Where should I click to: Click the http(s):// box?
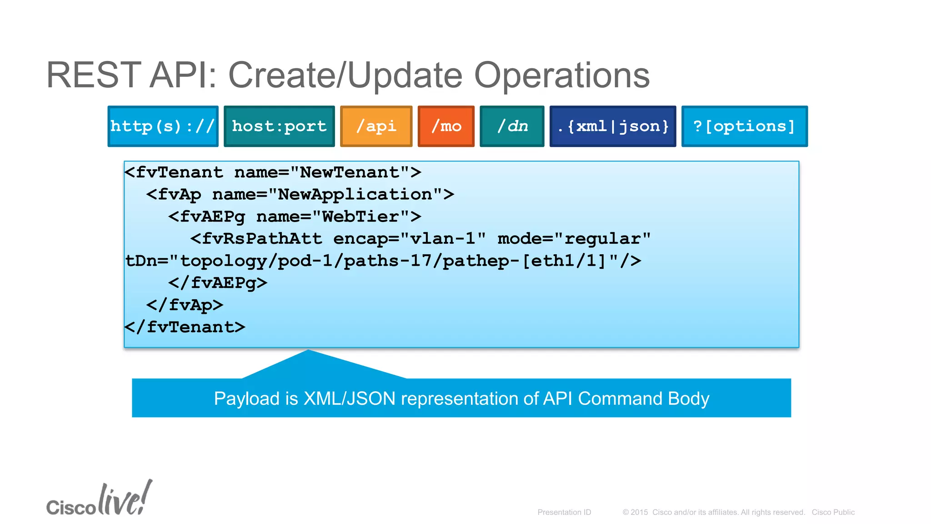click(x=163, y=126)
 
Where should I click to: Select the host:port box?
click(x=279, y=126)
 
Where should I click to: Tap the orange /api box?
click(x=376, y=126)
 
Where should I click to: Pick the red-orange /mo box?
click(x=446, y=126)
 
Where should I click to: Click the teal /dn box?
click(x=512, y=126)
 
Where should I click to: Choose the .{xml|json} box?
click(x=612, y=126)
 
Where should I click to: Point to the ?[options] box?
click(x=744, y=126)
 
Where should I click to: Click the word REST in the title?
click(x=94, y=75)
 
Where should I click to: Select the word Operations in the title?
click(x=562, y=75)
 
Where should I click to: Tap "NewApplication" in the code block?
click(x=355, y=195)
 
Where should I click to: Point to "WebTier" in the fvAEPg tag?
click(x=361, y=217)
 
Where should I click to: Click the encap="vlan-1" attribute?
click(x=409, y=239)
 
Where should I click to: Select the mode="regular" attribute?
click(x=574, y=239)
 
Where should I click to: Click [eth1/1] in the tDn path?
click(x=564, y=261)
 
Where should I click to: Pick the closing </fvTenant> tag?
click(x=185, y=327)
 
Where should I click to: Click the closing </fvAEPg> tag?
click(x=217, y=283)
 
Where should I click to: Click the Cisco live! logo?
click(x=99, y=499)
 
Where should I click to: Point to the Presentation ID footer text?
click(x=564, y=512)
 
